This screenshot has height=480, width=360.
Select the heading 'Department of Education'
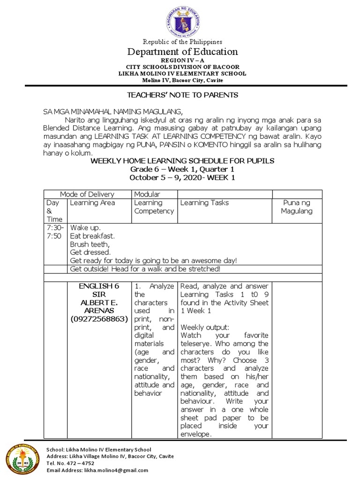183,52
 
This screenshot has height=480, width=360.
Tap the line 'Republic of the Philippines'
183,42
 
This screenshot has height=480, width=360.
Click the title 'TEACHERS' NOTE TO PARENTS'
183,95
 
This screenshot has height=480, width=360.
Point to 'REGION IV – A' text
183,61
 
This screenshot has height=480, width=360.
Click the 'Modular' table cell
147,194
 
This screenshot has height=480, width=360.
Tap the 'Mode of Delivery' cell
87,194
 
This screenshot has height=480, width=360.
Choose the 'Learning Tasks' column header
204,202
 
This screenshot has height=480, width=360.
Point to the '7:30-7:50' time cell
54,232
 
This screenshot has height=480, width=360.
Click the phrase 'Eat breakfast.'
92,236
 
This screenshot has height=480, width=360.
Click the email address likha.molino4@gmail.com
115,470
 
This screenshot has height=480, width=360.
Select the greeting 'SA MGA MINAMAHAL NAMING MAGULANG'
112,112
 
